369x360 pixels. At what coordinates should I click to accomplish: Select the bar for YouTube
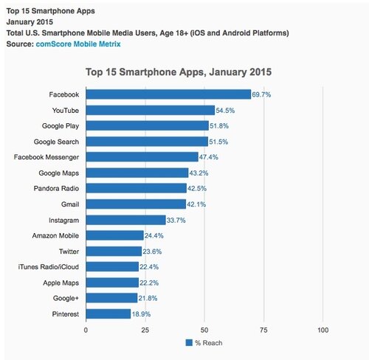pyautogui.click(x=151, y=110)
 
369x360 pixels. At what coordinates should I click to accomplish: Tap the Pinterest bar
pyautogui.click(x=108, y=314)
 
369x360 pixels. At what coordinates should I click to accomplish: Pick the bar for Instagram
pyautogui.click(x=126, y=220)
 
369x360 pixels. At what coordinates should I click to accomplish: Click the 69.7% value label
pyautogui.click(x=263, y=94)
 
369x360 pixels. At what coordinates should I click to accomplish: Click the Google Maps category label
pyautogui.click(x=59, y=173)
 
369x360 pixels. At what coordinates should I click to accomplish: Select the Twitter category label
pyautogui.click(x=68, y=251)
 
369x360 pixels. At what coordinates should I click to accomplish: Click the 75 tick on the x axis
pyautogui.click(x=263, y=330)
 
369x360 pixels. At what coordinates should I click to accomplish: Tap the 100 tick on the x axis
pyautogui.click(x=323, y=330)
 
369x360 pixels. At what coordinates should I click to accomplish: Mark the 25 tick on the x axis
pyautogui.click(x=145, y=330)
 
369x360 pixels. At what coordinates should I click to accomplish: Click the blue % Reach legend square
pyautogui.click(x=188, y=343)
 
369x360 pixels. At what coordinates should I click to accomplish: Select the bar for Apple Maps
pyautogui.click(x=112, y=283)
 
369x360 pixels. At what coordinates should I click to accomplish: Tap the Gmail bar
pyautogui.click(x=136, y=204)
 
